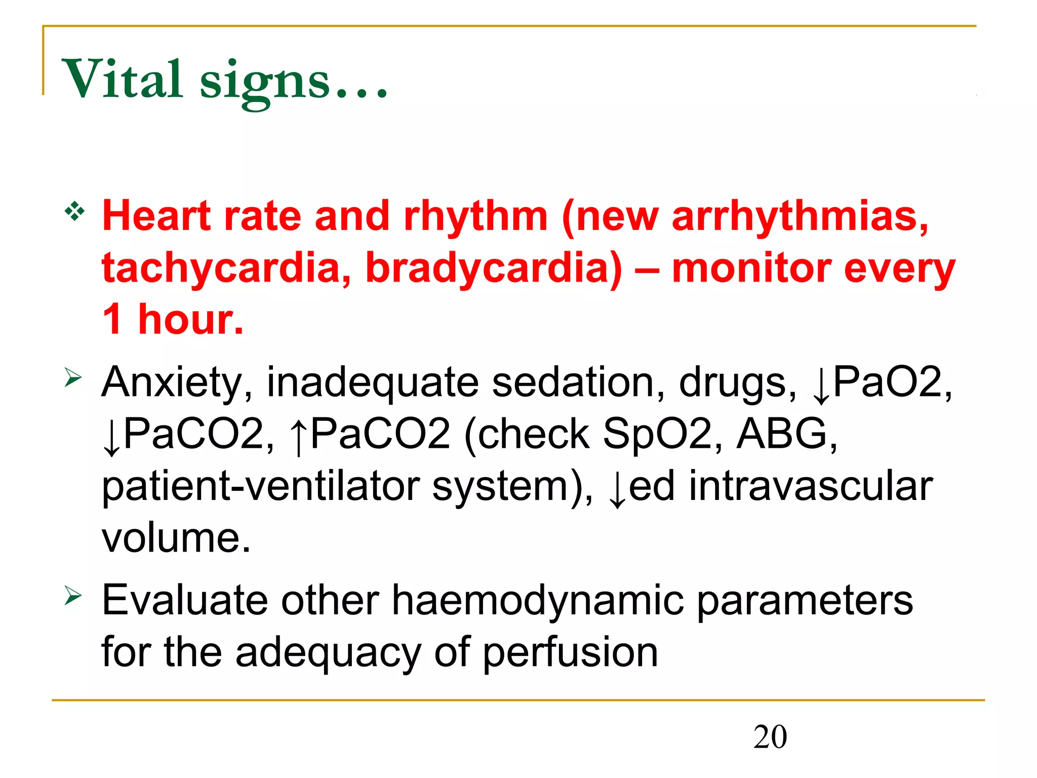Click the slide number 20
click(770, 737)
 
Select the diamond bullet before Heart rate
click(74, 211)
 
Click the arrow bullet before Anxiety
click(73, 377)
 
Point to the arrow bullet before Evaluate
click(73, 595)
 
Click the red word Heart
click(156, 216)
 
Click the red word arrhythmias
click(800, 216)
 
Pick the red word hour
click(190, 320)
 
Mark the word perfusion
click(570, 653)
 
